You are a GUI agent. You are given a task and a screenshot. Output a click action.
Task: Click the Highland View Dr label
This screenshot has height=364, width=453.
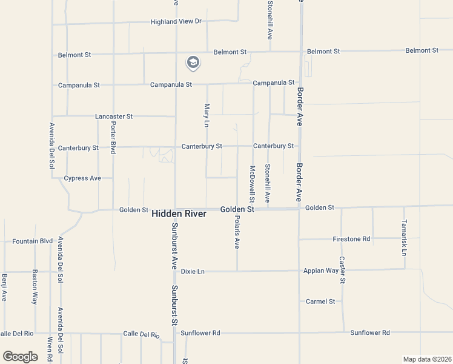pos(176,21)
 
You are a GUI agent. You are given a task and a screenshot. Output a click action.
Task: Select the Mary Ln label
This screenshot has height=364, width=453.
pos(207,115)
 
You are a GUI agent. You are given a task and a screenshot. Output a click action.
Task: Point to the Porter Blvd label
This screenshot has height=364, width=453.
pos(113,137)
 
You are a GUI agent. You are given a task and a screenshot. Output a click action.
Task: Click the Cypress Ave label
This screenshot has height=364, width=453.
pos(82,178)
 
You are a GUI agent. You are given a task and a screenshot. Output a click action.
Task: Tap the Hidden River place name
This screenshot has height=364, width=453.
pos(179,214)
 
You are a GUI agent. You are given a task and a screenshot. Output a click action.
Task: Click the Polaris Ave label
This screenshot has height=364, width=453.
pos(237,232)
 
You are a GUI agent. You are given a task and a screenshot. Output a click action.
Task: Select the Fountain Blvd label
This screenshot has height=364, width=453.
pos(33,241)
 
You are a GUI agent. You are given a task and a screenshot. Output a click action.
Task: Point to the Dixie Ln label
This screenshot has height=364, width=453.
pos(193,271)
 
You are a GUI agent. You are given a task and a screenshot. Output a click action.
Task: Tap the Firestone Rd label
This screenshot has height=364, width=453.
pos(351,239)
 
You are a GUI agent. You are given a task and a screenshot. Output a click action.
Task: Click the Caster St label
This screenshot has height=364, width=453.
pos(342,270)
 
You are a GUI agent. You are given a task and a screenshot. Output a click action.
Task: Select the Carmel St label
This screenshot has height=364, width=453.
pos(320,302)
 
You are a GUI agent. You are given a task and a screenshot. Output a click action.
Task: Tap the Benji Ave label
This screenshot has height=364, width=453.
pos(4,288)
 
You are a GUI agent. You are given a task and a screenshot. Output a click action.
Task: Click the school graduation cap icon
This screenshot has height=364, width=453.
pos(193,62)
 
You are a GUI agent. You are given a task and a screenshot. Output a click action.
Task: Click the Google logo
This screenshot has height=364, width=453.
pos(20,357)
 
